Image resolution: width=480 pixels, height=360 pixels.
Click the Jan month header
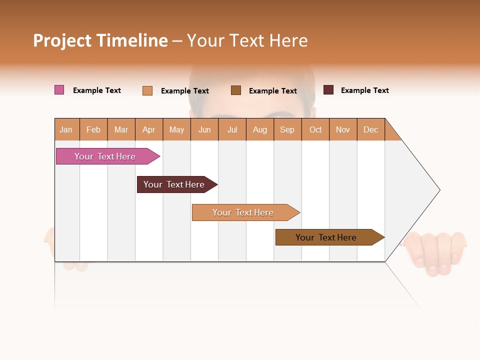coord(66,129)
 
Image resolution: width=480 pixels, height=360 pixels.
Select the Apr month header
coord(149,129)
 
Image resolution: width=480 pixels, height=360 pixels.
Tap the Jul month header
coord(232,129)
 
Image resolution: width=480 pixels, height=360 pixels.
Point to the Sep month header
coord(287,129)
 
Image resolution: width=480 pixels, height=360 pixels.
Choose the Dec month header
coord(370,129)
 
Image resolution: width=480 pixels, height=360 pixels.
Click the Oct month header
coord(315,129)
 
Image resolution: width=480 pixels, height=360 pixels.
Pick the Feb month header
coord(93,129)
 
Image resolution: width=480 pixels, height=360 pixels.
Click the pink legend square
coord(59,90)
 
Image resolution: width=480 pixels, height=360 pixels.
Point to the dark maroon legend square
coord(328,90)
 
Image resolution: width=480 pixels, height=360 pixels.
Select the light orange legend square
coord(147,90)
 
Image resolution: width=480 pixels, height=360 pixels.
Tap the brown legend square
coord(236,90)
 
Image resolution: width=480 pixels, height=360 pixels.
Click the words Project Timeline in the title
coord(100,40)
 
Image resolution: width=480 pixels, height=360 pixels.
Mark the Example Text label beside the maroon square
coord(364,90)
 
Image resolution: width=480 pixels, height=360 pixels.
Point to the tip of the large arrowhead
coord(438,190)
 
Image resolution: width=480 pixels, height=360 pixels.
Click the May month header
coord(176,129)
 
